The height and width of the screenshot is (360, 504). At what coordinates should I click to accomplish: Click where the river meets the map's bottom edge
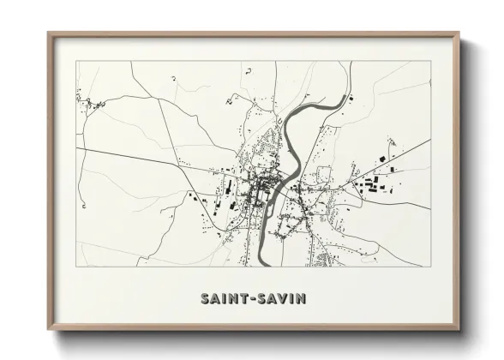click(x=260, y=265)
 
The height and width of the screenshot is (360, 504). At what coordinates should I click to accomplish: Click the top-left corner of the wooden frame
click(x=48, y=33)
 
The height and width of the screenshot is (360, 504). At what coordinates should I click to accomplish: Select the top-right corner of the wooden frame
click(x=458, y=33)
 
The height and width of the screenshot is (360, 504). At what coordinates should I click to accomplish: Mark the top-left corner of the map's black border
click(x=76, y=62)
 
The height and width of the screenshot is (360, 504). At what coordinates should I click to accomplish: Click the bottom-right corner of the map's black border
click(x=429, y=266)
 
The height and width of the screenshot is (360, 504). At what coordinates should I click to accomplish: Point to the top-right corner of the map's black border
click(x=429, y=62)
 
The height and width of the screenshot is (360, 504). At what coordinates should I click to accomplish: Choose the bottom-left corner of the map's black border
click(x=76, y=266)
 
